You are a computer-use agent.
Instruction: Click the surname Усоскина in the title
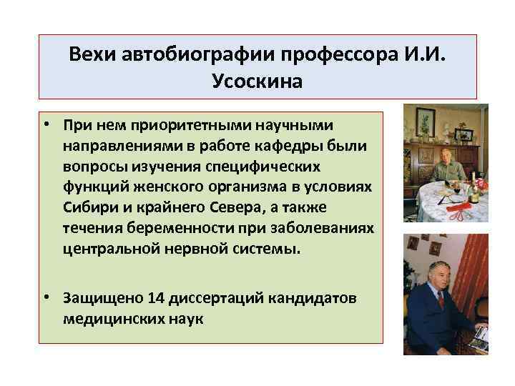(x=257, y=82)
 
